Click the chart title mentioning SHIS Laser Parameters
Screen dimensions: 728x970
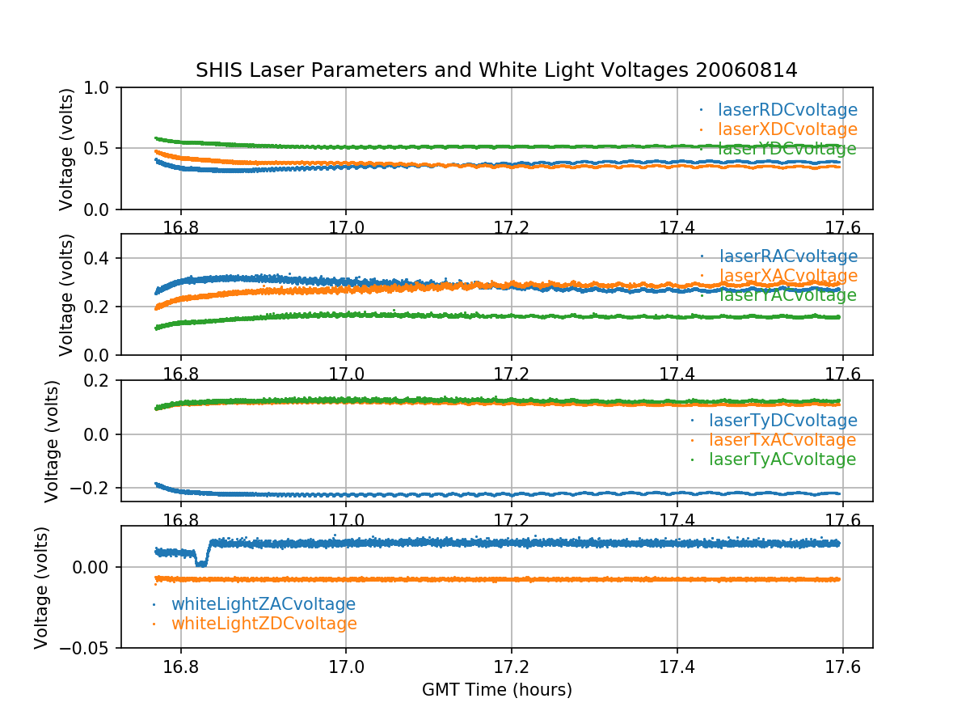pos(496,70)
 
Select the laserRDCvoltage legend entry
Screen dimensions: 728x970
pos(787,110)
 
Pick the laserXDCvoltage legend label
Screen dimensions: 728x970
pos(787,129)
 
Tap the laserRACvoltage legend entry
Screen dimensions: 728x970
pos(787,257)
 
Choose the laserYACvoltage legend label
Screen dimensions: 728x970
pos(787,296)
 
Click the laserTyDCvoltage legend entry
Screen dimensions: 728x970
pos(782,421)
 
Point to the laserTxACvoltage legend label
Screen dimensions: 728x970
pos(782,440)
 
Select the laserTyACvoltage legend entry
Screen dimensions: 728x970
pos(782,459)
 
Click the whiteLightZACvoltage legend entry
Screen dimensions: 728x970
pos(263,604)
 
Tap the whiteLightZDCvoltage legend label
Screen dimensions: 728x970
pos(264,624)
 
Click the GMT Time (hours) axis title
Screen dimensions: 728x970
pos(496,690)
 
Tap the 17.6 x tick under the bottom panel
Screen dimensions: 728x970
pos(842,667)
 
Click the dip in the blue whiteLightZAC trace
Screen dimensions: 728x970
pos(200,563)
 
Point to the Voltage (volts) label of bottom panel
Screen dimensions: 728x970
pos(42,587)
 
